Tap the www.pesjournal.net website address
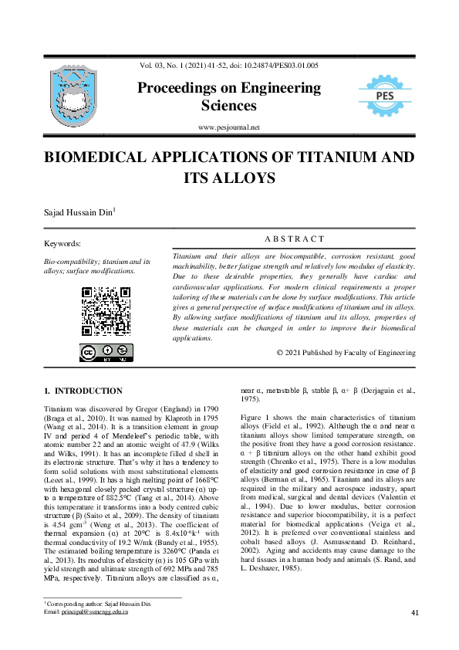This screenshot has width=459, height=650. pyautogui.click(x=229, y=127)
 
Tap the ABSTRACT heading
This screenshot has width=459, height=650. pyautogui.click(x=294, y=239)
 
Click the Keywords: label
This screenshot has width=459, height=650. pyautogui.click(x=63, y=244)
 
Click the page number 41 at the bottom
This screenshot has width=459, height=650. pyautogui.click(x=415, y=613)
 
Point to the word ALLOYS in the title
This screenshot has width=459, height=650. pyautogui.click(x=245, y=178)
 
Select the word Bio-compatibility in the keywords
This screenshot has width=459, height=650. pyautogui.click(x=71, y=262)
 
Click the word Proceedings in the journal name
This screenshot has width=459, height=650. pyautogui.click(x=182, y=88)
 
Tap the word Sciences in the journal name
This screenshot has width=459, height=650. pyautogui.click(x=229, y=106)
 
